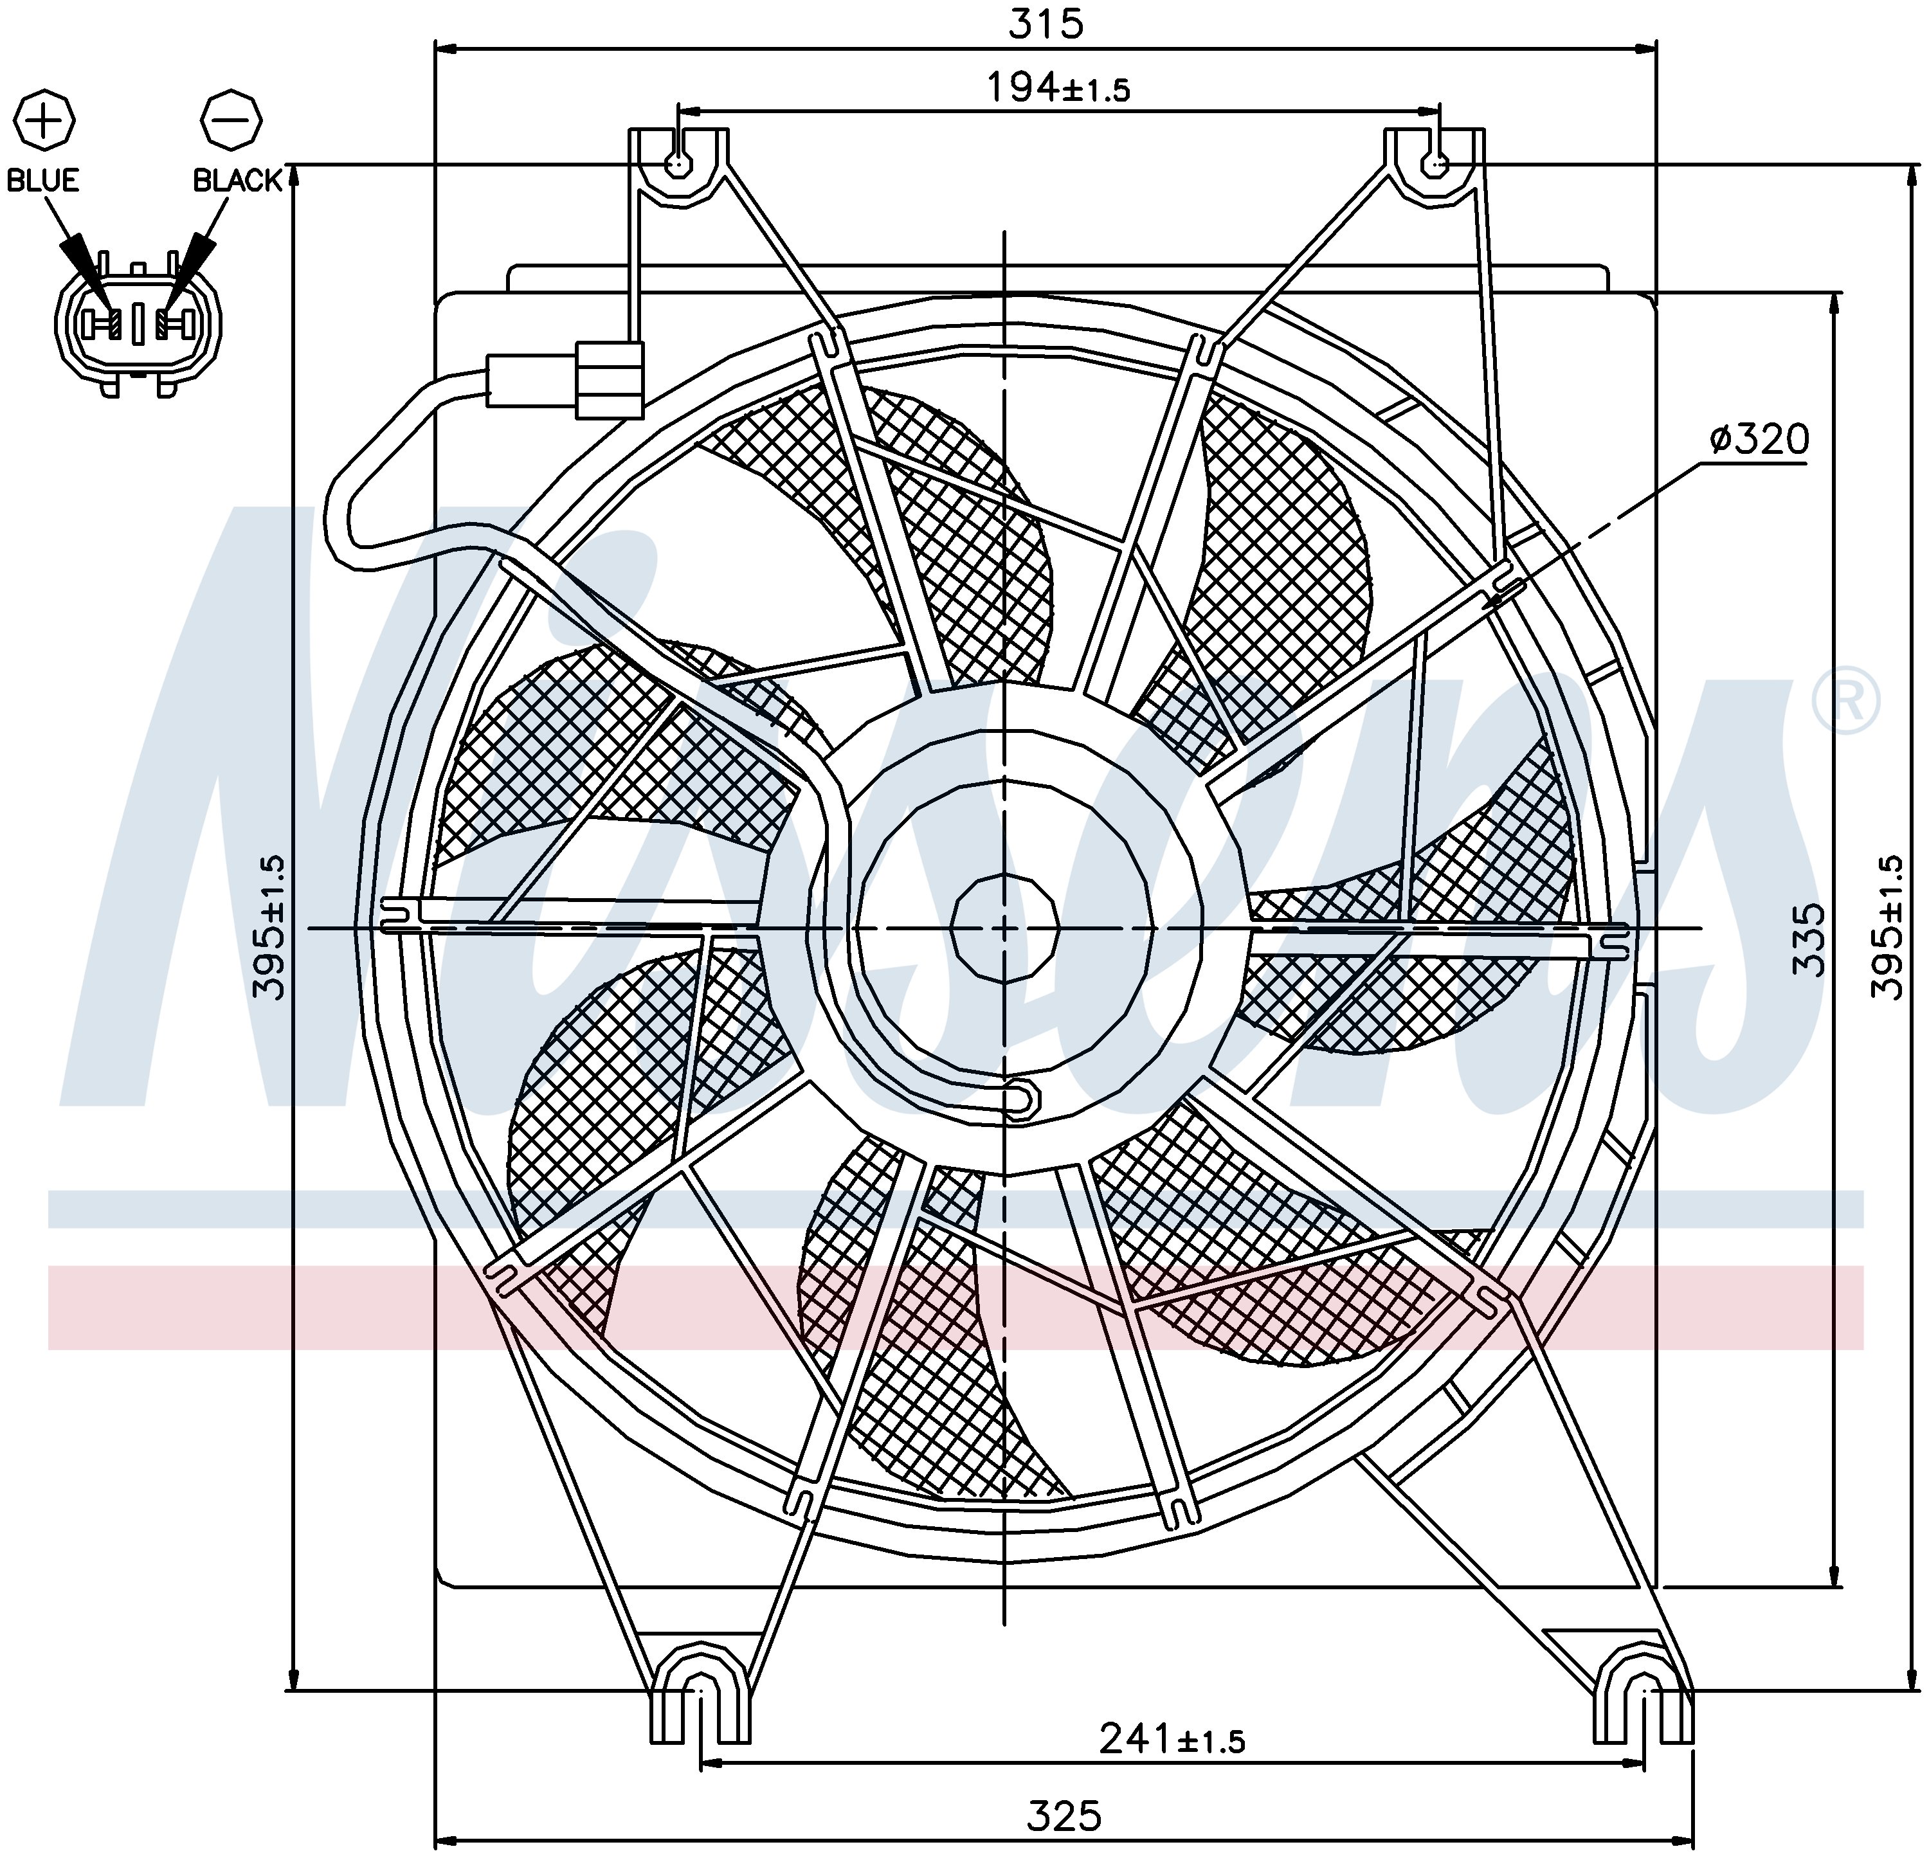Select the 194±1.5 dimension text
coord(1058,89)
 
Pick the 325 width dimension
coord(1064,1816)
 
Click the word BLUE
coord(43,180)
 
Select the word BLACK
coord(237,180)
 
